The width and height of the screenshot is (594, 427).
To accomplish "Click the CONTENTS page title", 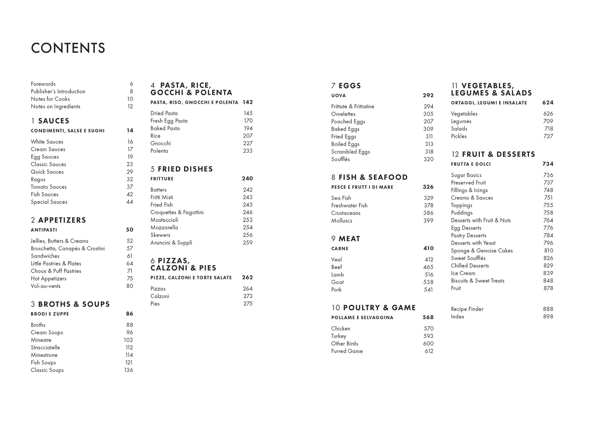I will (68, 48).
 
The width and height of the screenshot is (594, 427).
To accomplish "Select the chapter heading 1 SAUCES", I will (50, 121).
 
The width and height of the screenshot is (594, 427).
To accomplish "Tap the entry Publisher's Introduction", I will (58, 91).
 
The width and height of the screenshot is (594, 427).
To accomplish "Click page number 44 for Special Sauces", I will (130, 202).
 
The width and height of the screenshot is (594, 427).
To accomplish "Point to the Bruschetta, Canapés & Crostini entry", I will (67, 248).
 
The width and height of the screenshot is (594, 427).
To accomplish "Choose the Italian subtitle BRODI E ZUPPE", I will (50, 314).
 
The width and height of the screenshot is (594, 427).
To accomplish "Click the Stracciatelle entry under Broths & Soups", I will (45, 348).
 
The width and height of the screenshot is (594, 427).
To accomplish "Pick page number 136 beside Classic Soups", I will (129, 370).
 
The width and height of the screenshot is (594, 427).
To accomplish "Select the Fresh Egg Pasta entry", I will (169, 121).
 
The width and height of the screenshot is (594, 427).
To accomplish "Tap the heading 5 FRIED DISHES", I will (182, 169).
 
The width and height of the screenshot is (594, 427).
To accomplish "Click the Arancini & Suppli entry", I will (171, 243).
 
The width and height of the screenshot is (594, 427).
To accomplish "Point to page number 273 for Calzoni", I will (248, 296).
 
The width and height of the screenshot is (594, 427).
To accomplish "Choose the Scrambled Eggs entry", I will (350, 152).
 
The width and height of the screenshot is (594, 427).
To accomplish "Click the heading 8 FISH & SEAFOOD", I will (369, 177).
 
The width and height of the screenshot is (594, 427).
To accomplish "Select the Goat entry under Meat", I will (337, 282).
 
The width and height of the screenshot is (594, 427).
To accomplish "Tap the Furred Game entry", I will (347, 351).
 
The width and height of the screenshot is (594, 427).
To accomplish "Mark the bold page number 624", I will (548, 103).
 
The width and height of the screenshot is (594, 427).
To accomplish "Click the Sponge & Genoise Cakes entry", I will (482, 251).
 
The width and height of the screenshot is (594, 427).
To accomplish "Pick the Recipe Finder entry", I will (467, 309).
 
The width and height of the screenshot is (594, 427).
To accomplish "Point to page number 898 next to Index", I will (548, 317).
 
